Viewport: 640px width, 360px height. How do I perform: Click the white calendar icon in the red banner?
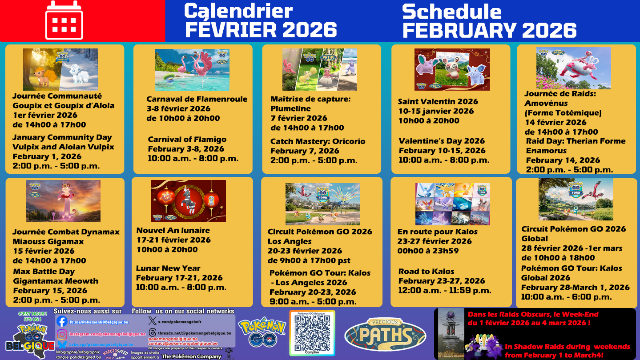pos(64,20)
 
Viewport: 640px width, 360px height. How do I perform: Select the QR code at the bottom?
pos(312,333)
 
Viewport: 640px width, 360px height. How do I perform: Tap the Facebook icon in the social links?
pos(62,322)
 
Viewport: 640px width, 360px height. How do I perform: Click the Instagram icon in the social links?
pos(62,333)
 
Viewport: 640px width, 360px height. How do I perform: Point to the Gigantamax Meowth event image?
pos(63,201)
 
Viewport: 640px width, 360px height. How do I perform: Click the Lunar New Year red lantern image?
pos(188,201)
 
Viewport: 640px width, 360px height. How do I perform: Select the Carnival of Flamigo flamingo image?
pos(192,70)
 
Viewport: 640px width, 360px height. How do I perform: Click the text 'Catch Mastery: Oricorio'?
pos(318,141)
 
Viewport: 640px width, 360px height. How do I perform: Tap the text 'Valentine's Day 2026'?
pos(441,141)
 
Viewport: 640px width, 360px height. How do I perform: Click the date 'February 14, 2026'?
pos(563,160)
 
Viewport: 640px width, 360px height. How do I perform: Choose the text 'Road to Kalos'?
pos(426,271)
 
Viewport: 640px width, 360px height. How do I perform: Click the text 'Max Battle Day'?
pos(44,272)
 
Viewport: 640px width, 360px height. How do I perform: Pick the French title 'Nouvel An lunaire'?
pos(173,230)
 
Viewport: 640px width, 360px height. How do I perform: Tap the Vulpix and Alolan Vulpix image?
pos(60,70)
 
